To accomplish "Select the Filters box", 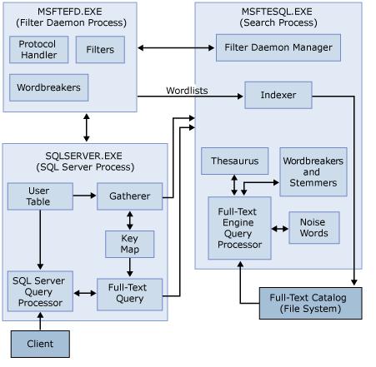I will (x=100, y=50).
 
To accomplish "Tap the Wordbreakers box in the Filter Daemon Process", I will (x=49, y=87).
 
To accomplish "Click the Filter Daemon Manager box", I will (x=278, y=47).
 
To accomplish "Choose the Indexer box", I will (x=278, y=95).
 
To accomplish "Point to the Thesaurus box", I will (x=234, y=161).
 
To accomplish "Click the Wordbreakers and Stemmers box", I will (x=313, y=171).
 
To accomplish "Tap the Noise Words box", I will (x=313, y=227).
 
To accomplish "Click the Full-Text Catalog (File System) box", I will (x=311, y=303).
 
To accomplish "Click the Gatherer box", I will (x=129, y=196).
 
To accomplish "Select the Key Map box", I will (x=129, y=244).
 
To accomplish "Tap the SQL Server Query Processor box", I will (x=39, y=291).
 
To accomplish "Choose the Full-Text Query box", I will (x=129, y=292).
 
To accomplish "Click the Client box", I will (x=39, y=342).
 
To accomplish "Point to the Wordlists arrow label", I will (x=187, y=89).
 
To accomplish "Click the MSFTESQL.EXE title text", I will (x=278, y=12).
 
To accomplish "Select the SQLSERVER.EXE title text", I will (x=83, y=156).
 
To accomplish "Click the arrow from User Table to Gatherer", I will (x=84, y=196).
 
